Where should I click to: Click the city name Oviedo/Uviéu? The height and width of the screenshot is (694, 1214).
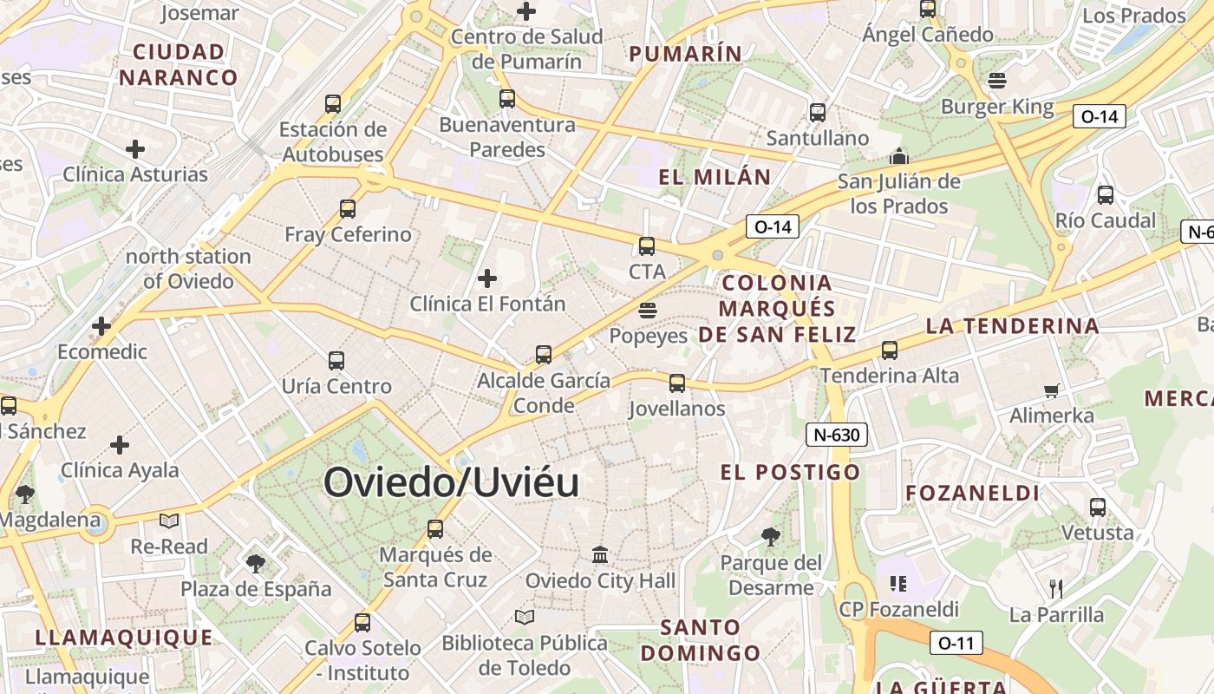point(451,483)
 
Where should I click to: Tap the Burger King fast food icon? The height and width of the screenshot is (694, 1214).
point(996,81)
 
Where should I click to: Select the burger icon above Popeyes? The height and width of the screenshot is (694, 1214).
point(647,310)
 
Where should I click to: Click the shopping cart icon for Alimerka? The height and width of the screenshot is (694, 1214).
point(1052,390)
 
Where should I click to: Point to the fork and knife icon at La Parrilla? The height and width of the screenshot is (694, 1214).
point(1055,589)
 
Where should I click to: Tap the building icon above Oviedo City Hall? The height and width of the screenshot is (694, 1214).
point(600,554)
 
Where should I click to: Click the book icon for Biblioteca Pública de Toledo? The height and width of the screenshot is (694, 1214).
point(524,617)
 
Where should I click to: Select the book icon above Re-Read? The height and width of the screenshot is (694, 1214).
point(169,520)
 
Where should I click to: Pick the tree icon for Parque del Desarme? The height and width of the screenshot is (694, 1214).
point(770,537)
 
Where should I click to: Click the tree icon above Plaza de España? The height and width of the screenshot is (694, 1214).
point(255,564)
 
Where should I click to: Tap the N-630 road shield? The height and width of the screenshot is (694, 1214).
point(837,435)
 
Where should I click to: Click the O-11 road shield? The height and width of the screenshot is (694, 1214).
point(956,643)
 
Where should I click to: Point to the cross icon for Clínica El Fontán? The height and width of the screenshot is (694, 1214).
point(487,278)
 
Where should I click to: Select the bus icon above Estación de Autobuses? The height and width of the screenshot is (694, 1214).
point(333,104)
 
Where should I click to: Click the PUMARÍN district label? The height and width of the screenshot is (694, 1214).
point(685,54)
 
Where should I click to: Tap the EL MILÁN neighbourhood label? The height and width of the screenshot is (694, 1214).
point(715,178)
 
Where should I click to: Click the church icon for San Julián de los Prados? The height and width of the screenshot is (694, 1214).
point(898,157)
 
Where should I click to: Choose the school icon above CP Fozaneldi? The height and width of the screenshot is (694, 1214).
point(897,583)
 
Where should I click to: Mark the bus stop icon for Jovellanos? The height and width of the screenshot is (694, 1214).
point(677,383)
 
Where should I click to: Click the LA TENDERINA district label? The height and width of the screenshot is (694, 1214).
point(1012,326)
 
